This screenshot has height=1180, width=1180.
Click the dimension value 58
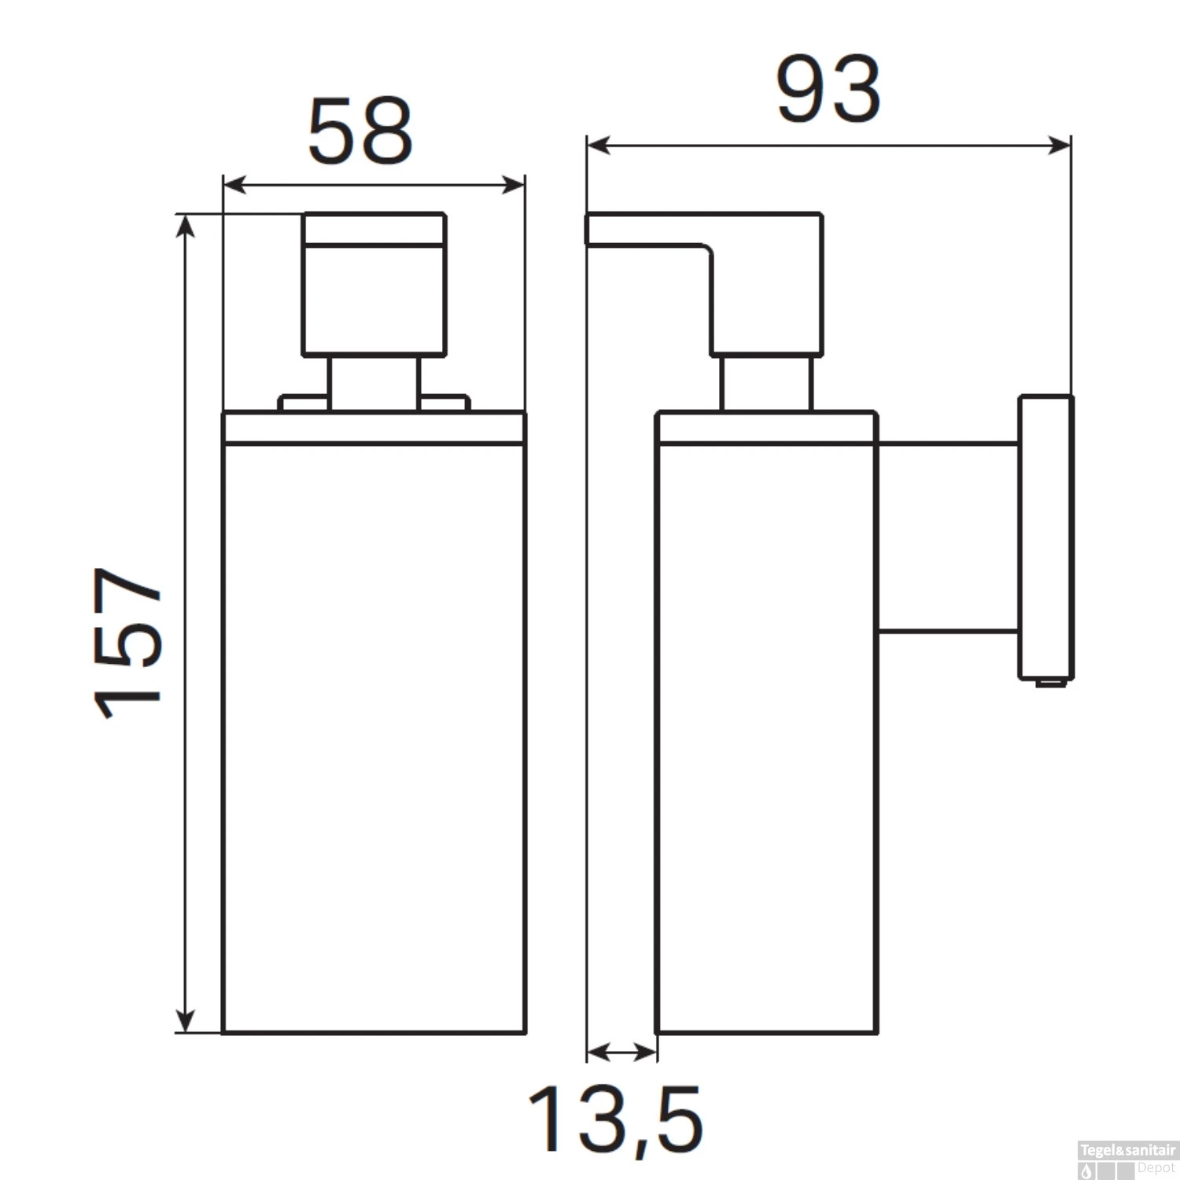coord(360,132)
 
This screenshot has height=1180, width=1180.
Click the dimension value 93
coord(828,90)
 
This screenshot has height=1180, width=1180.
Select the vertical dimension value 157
coord(128,643)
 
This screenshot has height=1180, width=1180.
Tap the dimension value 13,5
coord(614,1118)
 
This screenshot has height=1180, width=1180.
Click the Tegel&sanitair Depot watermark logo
coord(1127,1160)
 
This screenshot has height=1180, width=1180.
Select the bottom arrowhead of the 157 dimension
coord(185,1020)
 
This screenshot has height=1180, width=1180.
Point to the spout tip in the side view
coord(590,229)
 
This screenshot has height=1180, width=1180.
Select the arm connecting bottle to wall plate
coord(948,537)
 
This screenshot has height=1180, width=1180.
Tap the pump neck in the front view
coord(374,383)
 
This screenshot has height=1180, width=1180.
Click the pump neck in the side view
coord(765,383)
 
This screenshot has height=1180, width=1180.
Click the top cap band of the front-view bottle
coord(374,428)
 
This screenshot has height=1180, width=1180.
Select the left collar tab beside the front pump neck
coord(304,404)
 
